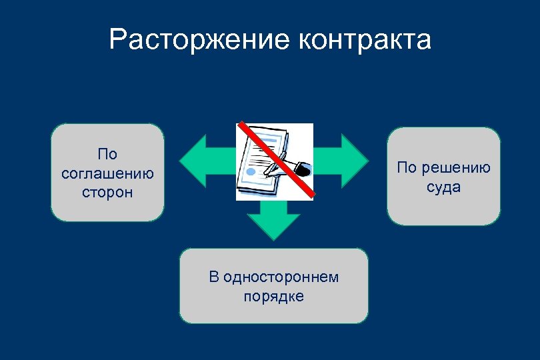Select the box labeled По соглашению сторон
(107, 173)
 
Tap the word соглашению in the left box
(107, 173)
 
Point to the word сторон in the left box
(107, 193)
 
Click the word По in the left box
(107, 155)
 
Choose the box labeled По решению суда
(443, 177)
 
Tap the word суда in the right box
(443, 187)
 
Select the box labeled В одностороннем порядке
(273, 286)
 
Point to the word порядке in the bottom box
(273, 296)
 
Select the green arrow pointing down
(273, 219)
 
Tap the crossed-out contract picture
(274, 162)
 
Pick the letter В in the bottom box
(213, 277)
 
